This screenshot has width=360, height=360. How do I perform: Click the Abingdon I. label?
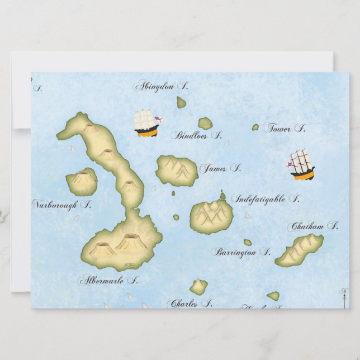coord(160,86)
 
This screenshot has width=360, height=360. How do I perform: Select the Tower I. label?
coord(285,129)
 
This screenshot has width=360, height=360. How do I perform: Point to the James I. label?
coord(220,168)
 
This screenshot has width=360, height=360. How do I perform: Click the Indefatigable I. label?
coord(266,199)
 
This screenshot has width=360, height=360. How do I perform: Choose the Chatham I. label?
coord(313,227)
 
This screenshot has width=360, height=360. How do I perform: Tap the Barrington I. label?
coord(240,253)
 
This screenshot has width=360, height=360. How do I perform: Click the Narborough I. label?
coord(61,205)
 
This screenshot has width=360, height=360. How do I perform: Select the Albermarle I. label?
coord(108,280)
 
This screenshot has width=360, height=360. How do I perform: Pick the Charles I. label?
coord(190,304)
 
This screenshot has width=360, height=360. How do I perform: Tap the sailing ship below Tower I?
coord(302,165)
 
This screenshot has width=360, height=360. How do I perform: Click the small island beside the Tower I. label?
coord(255,127)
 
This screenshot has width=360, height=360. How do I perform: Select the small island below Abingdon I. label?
coord(181,102)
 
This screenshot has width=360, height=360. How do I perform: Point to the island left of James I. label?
coord(177,170)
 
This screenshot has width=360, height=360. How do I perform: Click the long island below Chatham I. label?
coord(300,250)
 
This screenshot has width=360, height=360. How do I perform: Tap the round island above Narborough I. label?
coord(82,182)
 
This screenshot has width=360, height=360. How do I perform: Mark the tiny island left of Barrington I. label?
coord(247,243)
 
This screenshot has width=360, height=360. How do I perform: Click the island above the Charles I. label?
coord(198,287)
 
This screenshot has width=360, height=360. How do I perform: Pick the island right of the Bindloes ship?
coord(205,123)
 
